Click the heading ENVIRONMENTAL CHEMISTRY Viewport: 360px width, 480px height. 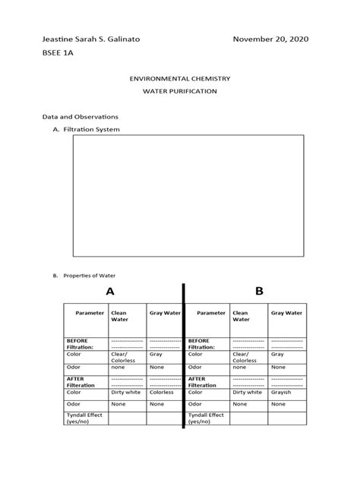pos(180,78)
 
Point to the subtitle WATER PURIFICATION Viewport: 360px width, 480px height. pos(180,91)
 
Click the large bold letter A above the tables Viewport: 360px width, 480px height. pos(110,291)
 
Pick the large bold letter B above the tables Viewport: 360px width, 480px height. pos(258,291)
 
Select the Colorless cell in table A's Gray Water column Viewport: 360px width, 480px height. pos(162,393)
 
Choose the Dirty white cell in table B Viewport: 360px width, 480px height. pos(248,393)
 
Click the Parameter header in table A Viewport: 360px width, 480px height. pos(90,313)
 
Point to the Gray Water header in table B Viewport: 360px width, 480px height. pos(286,313)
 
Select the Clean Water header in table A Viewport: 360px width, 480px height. pos(120,316)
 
